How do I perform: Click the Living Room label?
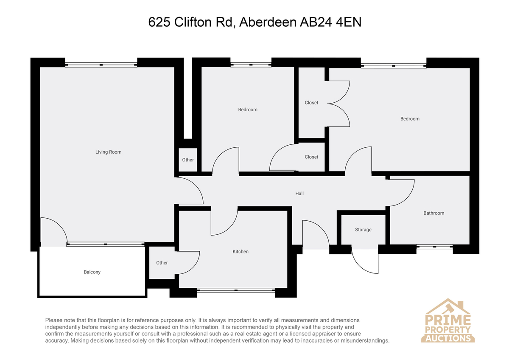[109, 152]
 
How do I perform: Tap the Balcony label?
[92, 272]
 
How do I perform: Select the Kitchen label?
[241, 251]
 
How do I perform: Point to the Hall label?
[299, 194]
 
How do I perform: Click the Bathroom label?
[433, 213]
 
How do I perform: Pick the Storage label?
[363, 230]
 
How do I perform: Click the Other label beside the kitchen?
[162, 263]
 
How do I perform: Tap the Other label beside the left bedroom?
[188, 160]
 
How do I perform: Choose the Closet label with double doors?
[311, 103]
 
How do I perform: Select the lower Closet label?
[311, 157]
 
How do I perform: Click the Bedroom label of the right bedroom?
[410, 119]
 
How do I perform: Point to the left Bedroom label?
[248, 110]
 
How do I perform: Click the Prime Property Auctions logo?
[447, 321]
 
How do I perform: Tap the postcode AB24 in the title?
[316, 22]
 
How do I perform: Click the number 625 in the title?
[159, 22]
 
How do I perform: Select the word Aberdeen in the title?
[268, 22]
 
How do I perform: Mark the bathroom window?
[434, 247]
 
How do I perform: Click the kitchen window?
[236, 290]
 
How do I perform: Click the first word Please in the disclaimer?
[54, 320]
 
